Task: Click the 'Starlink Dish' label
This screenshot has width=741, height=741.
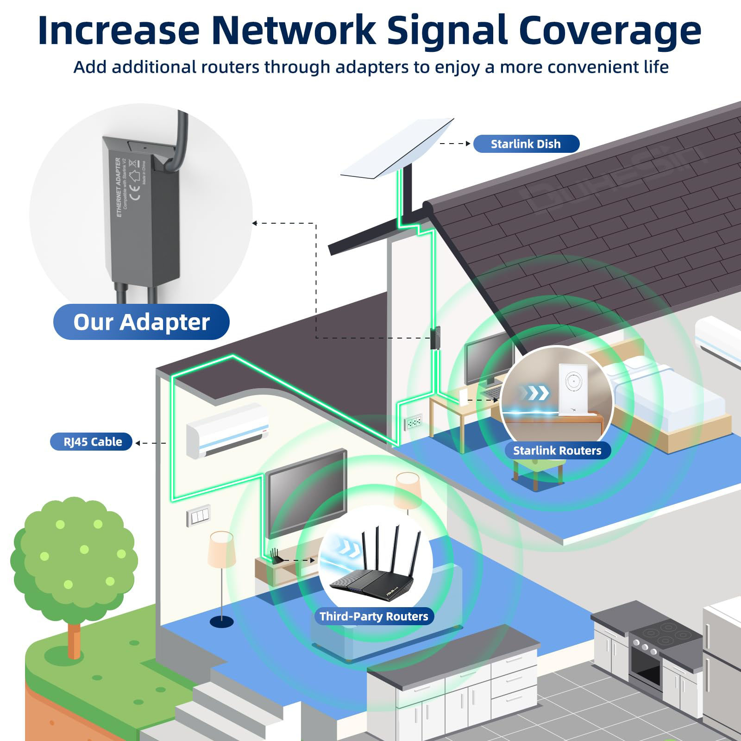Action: (526, 144)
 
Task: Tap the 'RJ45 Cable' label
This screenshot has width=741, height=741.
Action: (93, 442)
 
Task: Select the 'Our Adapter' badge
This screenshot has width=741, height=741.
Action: (141, 322)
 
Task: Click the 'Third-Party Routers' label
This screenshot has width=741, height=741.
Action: (374, 616)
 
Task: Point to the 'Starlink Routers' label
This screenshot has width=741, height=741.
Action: (557, 451)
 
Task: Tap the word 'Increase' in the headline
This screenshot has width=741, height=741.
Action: (119, 30)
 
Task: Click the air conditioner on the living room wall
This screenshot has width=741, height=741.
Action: (227, 430)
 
